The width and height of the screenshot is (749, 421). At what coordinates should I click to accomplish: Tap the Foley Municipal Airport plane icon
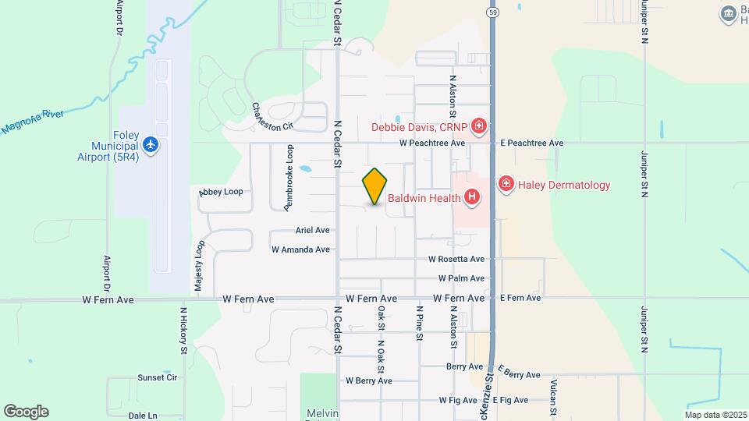point(151,144)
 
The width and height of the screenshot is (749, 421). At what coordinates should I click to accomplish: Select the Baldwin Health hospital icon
point(471,197)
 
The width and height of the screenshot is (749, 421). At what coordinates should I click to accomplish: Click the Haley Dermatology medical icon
point(506,185)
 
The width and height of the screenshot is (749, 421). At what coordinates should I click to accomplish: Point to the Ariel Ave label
point(312,230)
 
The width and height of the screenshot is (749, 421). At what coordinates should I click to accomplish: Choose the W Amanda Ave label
point(300,249)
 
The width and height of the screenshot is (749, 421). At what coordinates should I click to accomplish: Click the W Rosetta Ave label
point(456,259)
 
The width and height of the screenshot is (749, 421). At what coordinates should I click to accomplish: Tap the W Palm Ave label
point(461,278)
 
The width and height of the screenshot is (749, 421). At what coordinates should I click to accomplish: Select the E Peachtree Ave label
point(531,143)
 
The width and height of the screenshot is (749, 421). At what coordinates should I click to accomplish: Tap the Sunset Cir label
point(158,377)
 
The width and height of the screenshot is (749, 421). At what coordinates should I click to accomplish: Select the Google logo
point(25,412)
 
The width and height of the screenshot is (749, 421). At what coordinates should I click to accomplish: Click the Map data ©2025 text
point(715,415)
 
